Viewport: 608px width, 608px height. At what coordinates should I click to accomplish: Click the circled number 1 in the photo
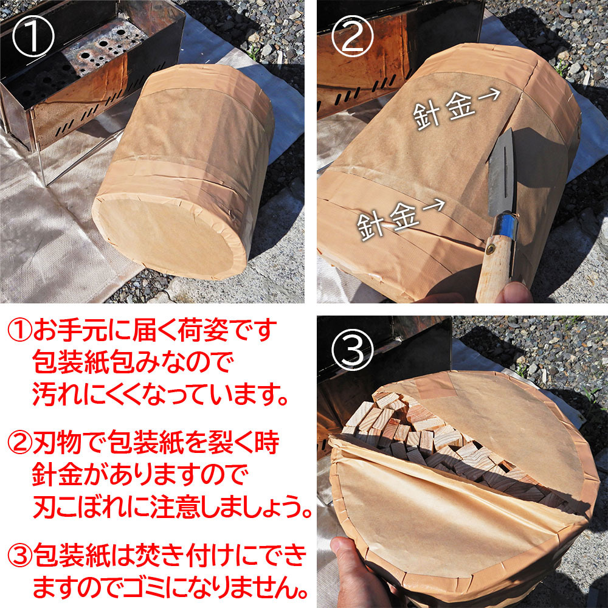[33, 36]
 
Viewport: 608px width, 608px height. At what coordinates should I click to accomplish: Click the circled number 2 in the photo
[353, 36]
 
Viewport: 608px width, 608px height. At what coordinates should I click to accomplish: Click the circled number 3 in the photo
[353, 350]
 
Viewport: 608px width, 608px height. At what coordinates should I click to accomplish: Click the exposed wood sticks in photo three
[446, 446]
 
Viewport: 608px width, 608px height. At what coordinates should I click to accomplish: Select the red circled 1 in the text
[20, 330]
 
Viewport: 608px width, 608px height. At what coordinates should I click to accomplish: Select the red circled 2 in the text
[20, 443]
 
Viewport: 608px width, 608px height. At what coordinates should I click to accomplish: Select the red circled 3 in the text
[20, 554]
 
